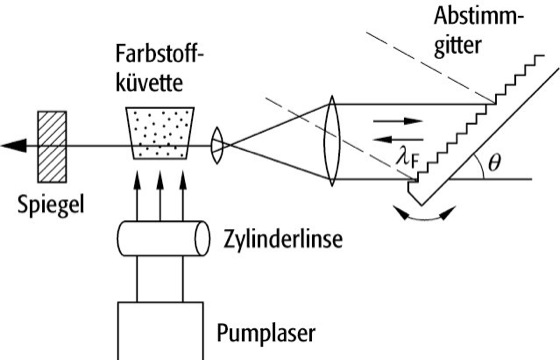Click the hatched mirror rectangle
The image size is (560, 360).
tap(52, 147)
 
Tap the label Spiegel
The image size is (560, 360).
tap(51, 205)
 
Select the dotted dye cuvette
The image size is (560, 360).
tap(160, 133)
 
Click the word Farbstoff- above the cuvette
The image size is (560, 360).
tap(160, 54)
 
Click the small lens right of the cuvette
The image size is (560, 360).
tap(217, 145)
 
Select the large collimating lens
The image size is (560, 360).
tap(332, 141)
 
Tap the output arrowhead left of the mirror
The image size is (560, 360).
tap(14, 145)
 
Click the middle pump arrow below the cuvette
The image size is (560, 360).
tap(160, 196)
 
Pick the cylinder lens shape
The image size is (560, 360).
tap(164, 239)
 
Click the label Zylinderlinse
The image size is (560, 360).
tap(283, 239)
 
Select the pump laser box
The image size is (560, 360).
tap(161, 331)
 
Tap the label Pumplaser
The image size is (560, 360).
tap(266, 334)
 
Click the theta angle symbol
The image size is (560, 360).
tap(494, 163)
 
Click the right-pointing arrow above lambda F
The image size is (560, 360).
tap(398, 121)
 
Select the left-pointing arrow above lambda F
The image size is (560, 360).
tap(398, 139)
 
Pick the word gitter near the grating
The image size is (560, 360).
tap(458, 45)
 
